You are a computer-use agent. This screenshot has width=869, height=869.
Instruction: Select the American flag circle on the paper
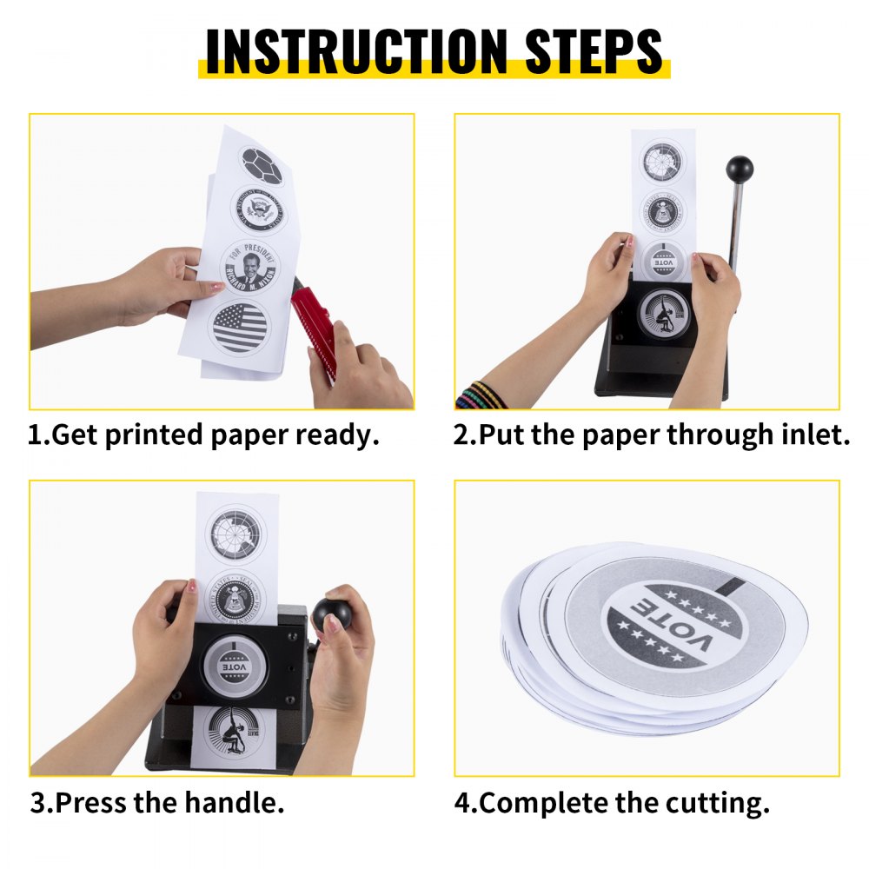[x=239, y=328]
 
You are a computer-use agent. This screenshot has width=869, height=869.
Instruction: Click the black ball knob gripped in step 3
[x=333, y=614]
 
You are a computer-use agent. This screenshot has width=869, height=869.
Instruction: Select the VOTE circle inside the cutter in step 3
[x=232, y=667]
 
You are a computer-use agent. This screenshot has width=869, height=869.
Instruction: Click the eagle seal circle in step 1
[x=257, y=209]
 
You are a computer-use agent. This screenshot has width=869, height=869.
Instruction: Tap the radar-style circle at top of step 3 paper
[x=235, y=534]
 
